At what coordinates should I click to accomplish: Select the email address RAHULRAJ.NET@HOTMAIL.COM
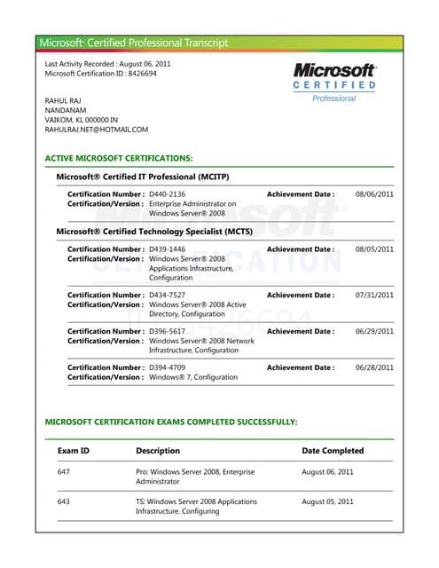click(x=97, y=130)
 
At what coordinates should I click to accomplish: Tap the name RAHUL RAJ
click(x=63, y=100)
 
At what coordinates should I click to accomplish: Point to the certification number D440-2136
click(x=168, y=193)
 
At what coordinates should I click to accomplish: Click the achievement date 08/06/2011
click(x=374, y=193)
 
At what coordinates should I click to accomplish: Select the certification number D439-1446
click(x=168, y=249)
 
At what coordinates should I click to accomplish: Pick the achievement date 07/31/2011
click(x=374, y=295)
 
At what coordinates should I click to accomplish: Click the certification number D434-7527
click(x=168, y=295)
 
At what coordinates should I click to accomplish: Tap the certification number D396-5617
click(x=168, y=331)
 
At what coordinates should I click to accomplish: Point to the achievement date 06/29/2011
click(x=374, y=331)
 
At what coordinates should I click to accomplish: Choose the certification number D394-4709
click(x=168, y=367)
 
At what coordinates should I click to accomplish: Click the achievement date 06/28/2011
click(x=374, y=367)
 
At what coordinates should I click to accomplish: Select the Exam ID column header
click(x=74, y=451)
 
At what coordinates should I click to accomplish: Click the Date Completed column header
click(x=333, y=451)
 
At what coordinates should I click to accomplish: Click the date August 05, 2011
click(x=327, y=501)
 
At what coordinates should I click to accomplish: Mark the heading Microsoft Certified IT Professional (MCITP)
click(x=143, y=177)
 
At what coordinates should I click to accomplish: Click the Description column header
click(x=158, y=451)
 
